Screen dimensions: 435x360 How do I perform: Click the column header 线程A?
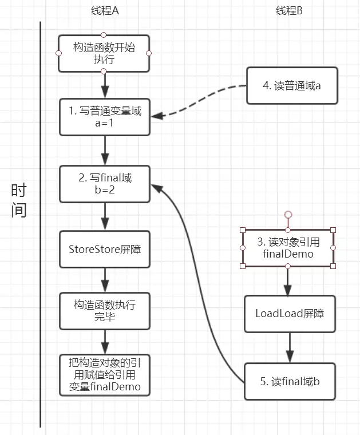[105, 11]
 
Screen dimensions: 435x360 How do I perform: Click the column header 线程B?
[289, 11]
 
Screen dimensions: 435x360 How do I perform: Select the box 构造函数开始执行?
[104, 53]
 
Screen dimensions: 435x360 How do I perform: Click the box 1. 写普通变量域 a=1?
[105, 117]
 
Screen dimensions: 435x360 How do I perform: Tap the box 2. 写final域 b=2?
[105, 184]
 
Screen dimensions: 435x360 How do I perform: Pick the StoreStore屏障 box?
[105, 249]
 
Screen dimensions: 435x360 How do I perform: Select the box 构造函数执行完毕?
[105, 310]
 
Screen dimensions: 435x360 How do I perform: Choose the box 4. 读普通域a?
[292, 86]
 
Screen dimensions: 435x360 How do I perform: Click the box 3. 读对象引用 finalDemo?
[288, 248]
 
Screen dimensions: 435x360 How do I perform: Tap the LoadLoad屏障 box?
[290, 314]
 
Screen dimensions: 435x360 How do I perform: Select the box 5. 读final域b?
[290, 381]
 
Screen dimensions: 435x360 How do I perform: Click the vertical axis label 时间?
[19, 200]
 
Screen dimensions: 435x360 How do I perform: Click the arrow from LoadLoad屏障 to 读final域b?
[290, 347]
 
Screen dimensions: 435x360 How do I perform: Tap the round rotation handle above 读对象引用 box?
[288, 215]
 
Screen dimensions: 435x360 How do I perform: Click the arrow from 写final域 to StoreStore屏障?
[105, 216]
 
